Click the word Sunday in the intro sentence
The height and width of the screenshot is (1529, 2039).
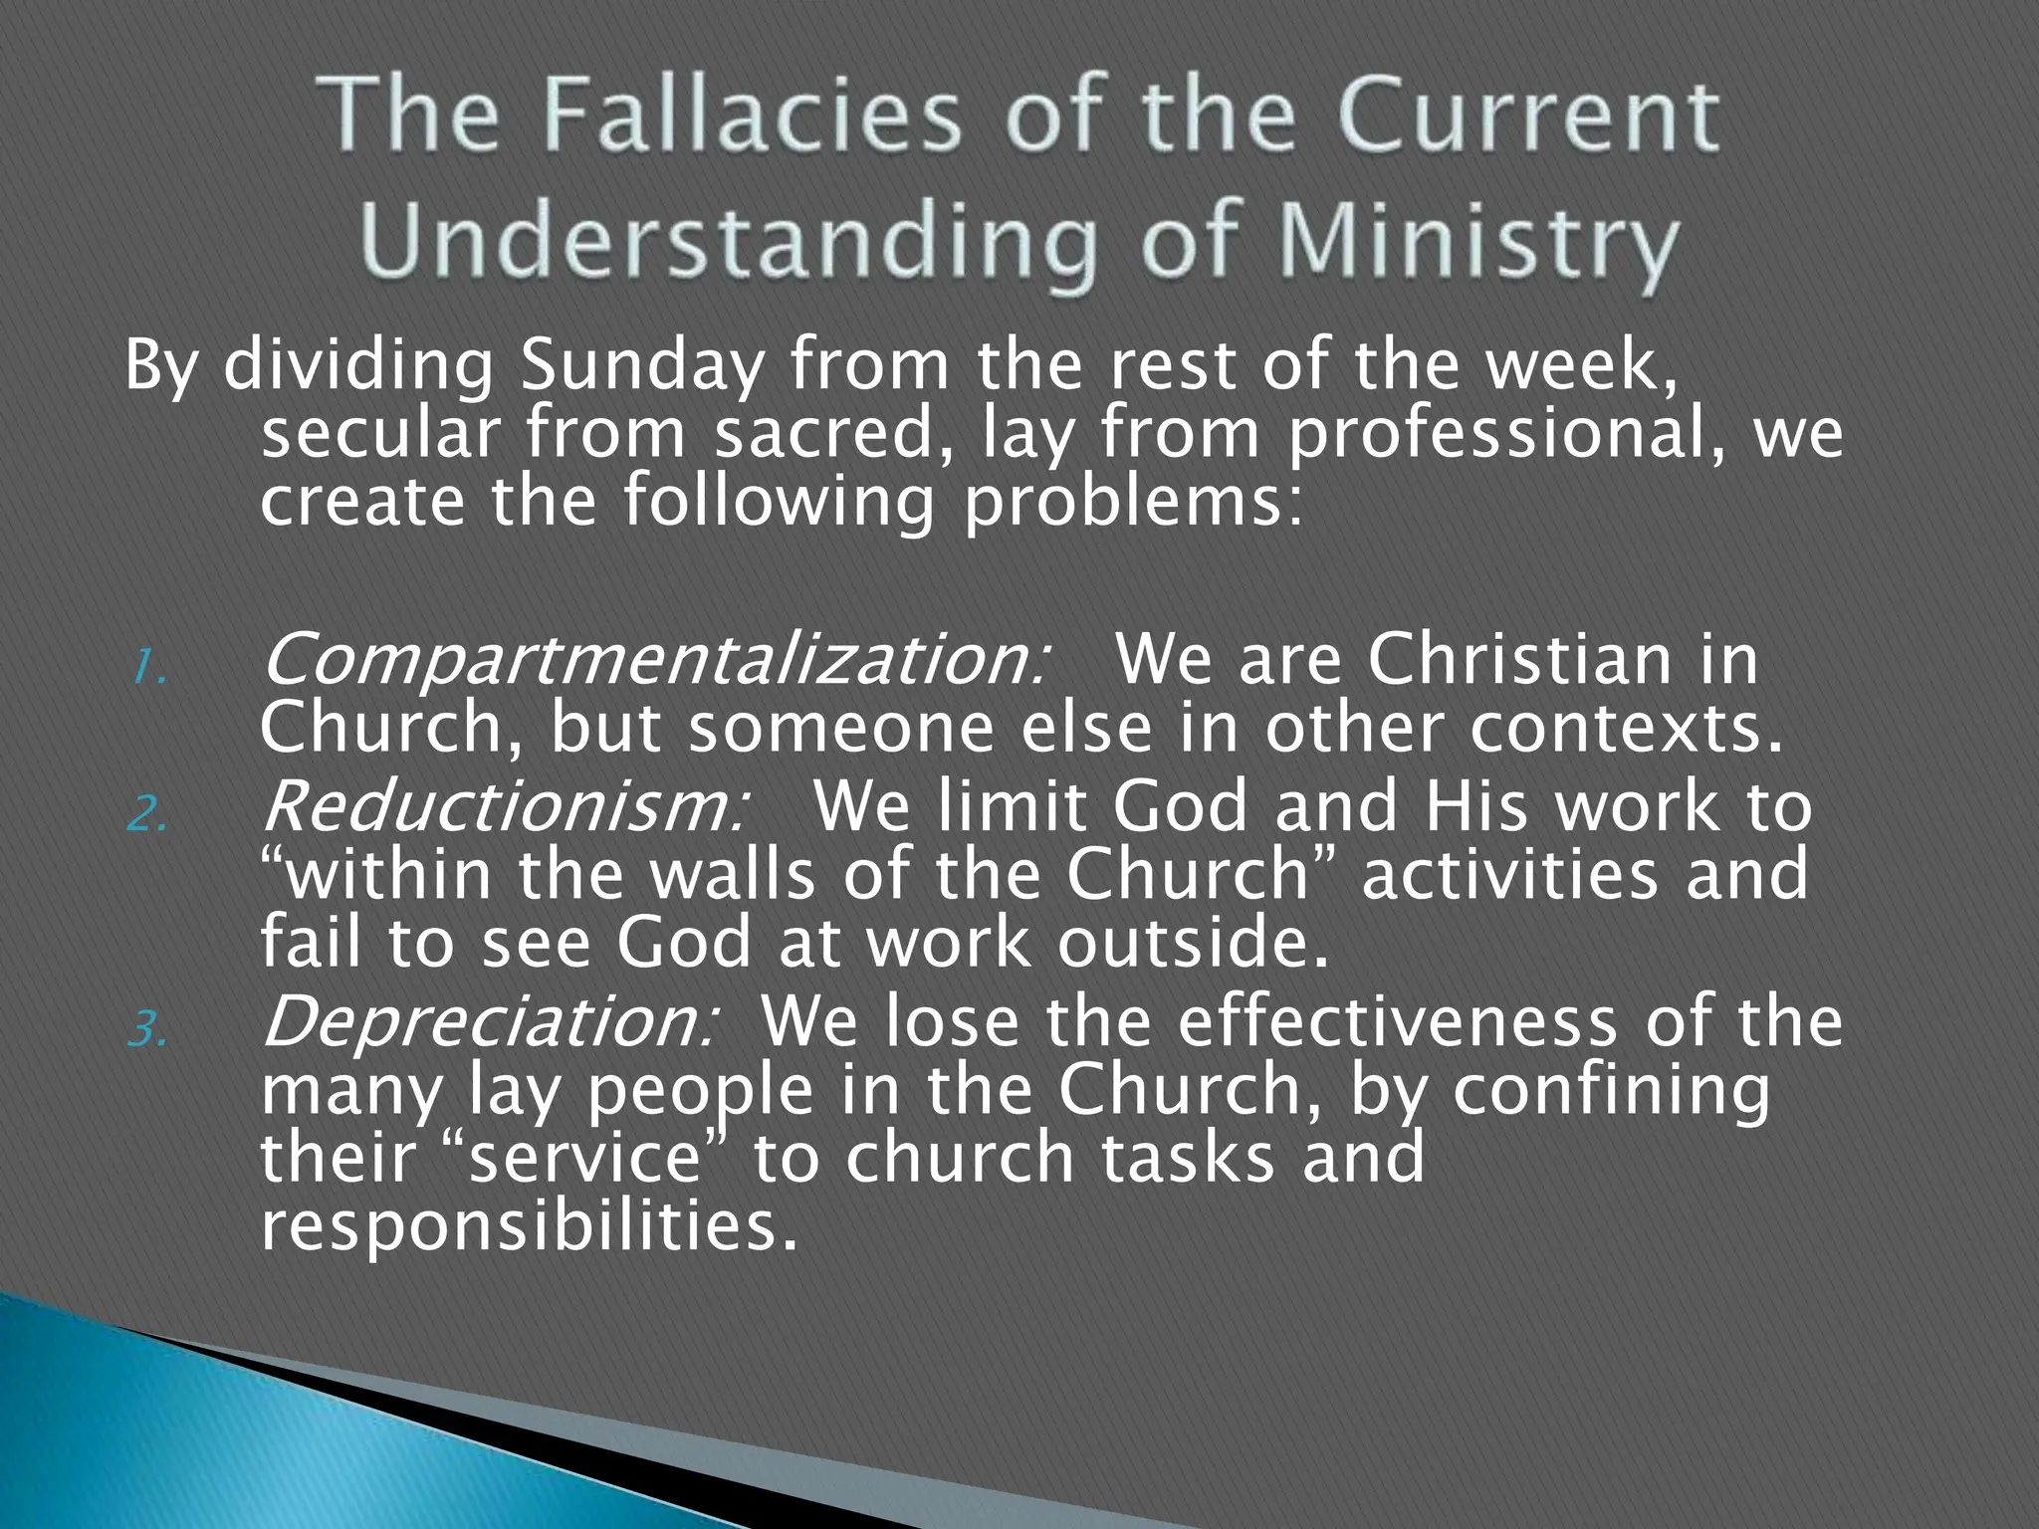pos(642,365)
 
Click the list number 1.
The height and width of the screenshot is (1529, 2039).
pos(148,669)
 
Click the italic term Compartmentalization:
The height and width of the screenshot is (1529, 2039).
pos(653,661)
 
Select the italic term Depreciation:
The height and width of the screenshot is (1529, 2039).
pos(488,1022)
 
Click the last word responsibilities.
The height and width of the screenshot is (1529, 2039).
pos(529,1226)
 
